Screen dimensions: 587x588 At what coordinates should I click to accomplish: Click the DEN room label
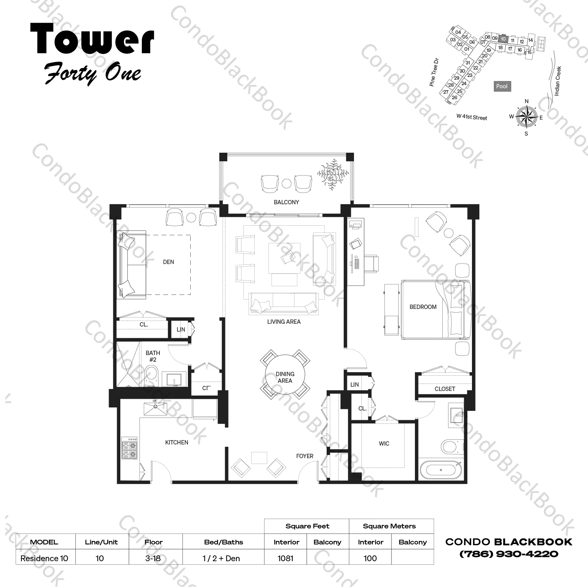tap(168, 262)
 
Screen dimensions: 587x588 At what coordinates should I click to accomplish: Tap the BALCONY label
tap(286, 202)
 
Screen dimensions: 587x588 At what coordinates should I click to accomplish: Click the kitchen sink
tap(155, 409)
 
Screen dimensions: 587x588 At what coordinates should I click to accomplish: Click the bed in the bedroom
tap(435, 309)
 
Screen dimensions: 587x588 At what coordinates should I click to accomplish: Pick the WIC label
tap(384, 444)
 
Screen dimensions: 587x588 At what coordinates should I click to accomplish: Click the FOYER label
tap(304, 456)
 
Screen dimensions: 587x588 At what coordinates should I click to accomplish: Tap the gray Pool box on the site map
tap(502, 86)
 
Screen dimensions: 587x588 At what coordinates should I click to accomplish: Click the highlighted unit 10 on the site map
tap(503, 39)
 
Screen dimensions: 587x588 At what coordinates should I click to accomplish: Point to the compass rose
tap(526, 117)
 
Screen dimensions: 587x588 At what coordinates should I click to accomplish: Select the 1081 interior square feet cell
tap(286, 558)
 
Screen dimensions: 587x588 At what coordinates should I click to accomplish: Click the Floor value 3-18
tap(153, 558)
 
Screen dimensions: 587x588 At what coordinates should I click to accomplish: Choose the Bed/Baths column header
tap(223, 542)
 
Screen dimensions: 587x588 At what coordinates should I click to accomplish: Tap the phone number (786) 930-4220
tap(509, 554)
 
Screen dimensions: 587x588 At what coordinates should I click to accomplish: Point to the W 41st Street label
tap(472, 117)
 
